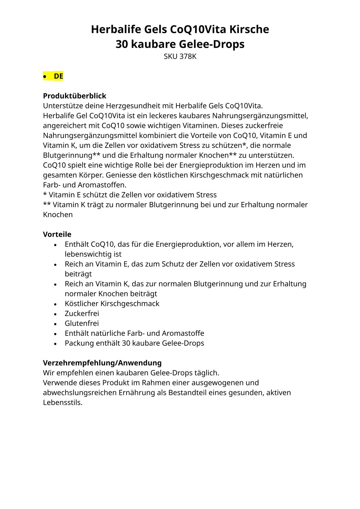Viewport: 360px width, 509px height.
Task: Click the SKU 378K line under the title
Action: (x=180, y=57)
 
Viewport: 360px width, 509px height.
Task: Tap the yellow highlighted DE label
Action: (x=58, y=76)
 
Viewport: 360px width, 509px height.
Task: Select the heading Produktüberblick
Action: (x=74, y=96)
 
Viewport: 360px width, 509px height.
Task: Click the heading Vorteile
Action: (x=57, y=234)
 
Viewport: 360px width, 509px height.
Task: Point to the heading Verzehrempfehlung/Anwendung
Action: (x=102, y=363)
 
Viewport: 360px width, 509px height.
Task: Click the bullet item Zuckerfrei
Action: (x=82, y=313)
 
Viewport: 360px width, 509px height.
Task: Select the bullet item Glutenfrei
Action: (x=82, y=323)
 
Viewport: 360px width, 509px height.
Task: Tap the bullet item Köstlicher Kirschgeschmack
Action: (x=112, y=304)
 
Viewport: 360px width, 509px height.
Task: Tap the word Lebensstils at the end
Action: (x=63, y=403)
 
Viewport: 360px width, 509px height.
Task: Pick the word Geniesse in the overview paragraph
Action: (x=119, y=175)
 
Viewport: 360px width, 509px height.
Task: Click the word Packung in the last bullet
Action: (x=79, y=343)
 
